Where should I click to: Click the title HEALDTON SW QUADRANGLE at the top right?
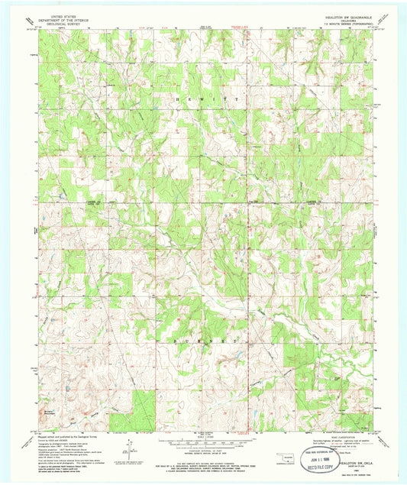coord(341,14)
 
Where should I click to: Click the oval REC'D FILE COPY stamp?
coord(325,451)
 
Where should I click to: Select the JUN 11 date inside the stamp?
coord(325,448)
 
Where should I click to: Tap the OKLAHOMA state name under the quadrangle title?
coord(341,18)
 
